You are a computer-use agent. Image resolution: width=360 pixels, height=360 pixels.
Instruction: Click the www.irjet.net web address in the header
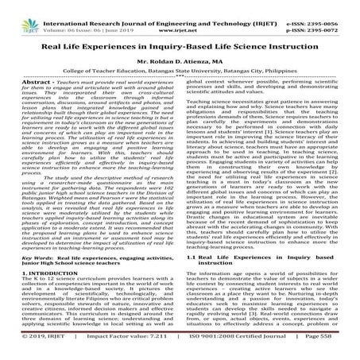pos(179,14)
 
